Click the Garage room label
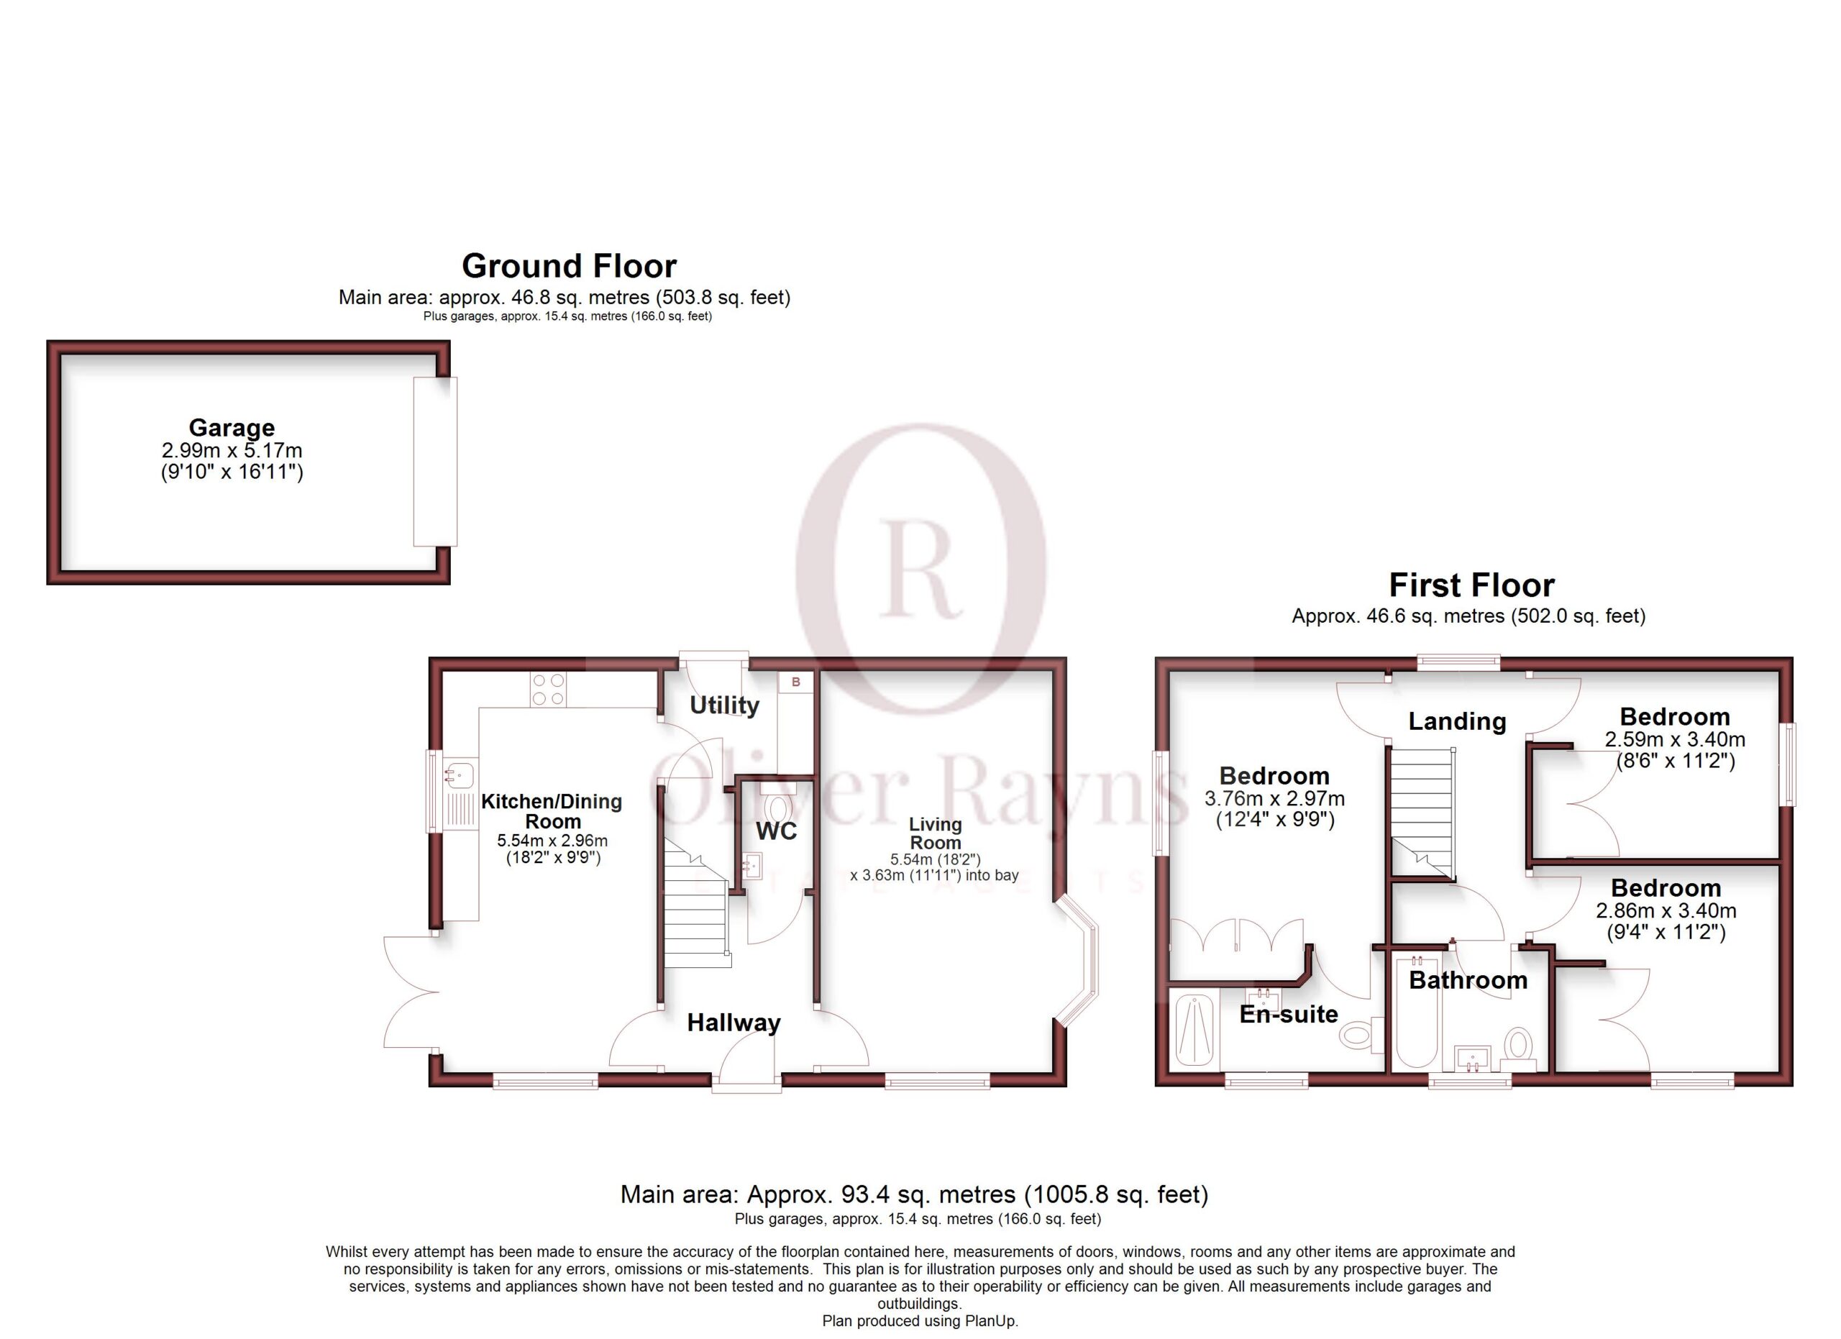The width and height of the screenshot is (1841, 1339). pos(232,428)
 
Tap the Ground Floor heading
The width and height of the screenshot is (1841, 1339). pos(569,266)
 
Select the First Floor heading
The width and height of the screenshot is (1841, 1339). pos(1471,585)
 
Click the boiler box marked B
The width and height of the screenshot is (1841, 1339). pos(795,682)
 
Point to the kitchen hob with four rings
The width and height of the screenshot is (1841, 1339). pos(547,690)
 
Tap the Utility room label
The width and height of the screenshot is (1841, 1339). pos(724,705)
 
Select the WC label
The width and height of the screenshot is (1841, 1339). pos(777,831)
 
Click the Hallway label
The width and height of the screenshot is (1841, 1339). pos(734,1023)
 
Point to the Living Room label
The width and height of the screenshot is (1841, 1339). pos(935,833)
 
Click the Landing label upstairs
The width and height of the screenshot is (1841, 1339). pos(1457,721)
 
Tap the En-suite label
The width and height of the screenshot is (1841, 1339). pos(1288,1015)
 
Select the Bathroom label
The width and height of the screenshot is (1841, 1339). pos(1468,980)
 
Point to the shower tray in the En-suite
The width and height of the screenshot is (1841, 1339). pos(1193,1030)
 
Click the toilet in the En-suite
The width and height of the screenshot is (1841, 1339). pos(1361,1034)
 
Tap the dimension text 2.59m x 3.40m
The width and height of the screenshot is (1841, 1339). pos(1675,739)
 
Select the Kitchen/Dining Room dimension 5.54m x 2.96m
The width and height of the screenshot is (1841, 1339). pos(552,841)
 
